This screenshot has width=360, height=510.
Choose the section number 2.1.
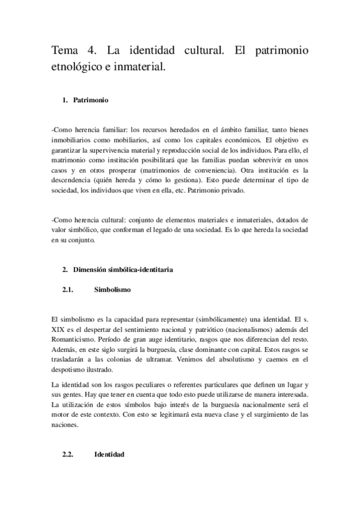point(68,289)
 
